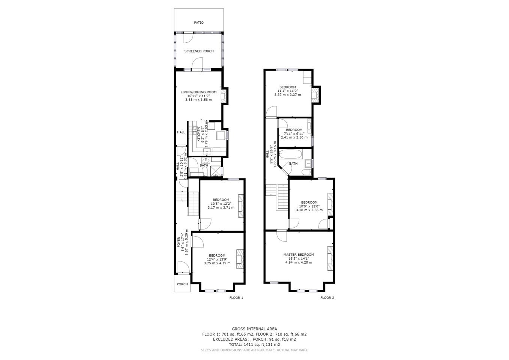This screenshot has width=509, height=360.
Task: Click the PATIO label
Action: (x=199, y=23)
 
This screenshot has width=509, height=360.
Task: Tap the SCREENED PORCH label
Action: (x=199, y=51)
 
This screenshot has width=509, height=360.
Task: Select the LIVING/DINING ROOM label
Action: (x=198, y=92)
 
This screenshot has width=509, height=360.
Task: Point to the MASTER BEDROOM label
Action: (x=299, y=255)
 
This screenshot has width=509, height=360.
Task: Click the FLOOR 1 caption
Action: (x=236, y=297)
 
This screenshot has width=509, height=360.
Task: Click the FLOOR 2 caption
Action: (x=327, y=297)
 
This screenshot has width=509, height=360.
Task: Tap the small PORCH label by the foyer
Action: (x=182, y=284)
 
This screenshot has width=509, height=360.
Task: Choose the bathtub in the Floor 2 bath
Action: (x=291, y=154)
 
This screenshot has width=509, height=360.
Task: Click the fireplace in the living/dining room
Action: (x=224, y=96)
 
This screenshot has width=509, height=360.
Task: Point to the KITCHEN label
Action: (x=198, y=135)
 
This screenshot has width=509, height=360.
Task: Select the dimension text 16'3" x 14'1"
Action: (x=299, y=258)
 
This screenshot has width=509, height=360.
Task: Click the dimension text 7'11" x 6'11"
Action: (x=294, y=133)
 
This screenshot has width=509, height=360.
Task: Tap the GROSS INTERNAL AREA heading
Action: (x=254, y=328)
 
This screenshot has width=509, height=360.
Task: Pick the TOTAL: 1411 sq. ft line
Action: (x=254, y=345)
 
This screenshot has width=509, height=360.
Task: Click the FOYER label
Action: (x=179, y=242)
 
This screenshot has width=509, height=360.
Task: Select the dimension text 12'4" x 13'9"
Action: (x=217, y=259)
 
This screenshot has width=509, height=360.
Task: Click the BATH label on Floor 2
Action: (x=293, y=163)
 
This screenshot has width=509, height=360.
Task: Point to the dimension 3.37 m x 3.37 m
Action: (x=287, y=95)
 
